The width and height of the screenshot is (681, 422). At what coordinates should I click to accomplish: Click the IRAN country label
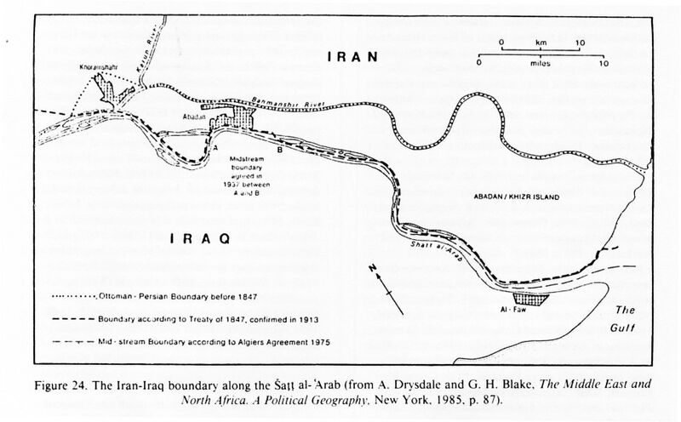(x=350, y=58)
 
